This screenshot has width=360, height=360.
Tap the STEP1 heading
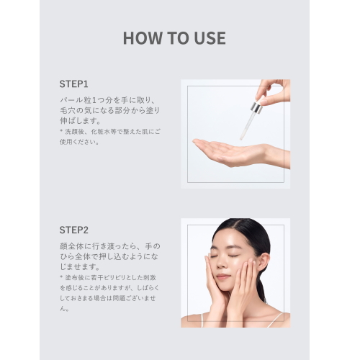[x=73, y=84]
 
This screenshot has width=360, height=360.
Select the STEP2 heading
[x=74, y=230]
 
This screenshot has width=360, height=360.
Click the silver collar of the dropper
[x=256, y=107]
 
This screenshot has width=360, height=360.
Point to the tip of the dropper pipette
[x=241, y=139]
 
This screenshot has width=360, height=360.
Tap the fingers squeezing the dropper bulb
[x=271, y=92]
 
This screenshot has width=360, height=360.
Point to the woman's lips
[x=222, y=276]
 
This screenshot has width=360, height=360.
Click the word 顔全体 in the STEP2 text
[x=71, y=246]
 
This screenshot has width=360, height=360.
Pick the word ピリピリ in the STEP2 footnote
[x=112, y=278]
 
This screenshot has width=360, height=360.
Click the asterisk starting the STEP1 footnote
[x=61, y=131]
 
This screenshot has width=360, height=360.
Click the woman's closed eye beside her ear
[x=234, y=256]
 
